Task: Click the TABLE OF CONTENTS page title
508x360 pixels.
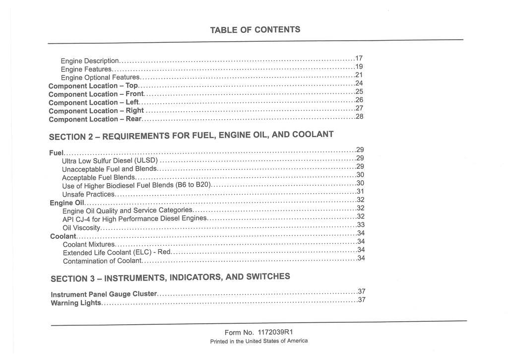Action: coord(255,30)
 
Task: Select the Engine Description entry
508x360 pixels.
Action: coord(90,61)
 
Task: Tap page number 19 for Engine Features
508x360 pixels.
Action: coord(359,67)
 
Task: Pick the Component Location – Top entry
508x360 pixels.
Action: coord(93,86)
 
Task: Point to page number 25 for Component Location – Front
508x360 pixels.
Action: coord(360,91)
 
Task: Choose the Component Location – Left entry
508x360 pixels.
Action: coord(94,102)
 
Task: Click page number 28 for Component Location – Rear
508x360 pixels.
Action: coord(360,117)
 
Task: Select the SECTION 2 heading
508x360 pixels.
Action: coord(191,135)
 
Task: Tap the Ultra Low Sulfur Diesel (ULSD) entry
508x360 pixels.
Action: coord(110,160)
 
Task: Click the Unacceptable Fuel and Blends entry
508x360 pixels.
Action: coord(109,169)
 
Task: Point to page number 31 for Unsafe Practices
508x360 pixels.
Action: coord(361,191)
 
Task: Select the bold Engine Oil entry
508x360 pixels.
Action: coord(67,203)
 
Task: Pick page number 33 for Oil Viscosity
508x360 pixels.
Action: coord(361,224)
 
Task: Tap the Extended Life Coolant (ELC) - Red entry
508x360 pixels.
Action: coord(117,252)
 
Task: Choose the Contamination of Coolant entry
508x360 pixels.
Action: coord(102,261)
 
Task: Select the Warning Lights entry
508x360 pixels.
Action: coord(76,303)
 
